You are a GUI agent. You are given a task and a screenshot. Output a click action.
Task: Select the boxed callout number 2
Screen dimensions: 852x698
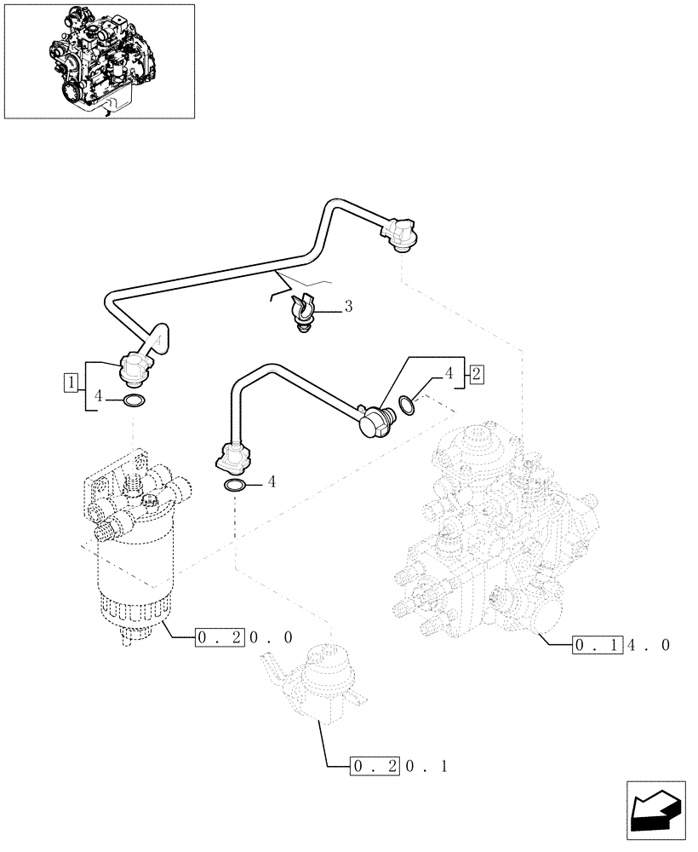click(x=477, y=373)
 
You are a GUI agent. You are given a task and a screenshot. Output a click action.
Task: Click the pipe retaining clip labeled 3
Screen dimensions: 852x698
click(x=303, y=311)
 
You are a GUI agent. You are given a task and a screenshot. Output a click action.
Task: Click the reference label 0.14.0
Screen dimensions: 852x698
click(x=622, y=644)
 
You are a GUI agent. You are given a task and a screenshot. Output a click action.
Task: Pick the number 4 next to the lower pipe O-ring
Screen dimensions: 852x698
click(x=271, y=481)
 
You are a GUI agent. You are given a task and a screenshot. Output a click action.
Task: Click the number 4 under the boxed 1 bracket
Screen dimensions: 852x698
click(x=100, y=396)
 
